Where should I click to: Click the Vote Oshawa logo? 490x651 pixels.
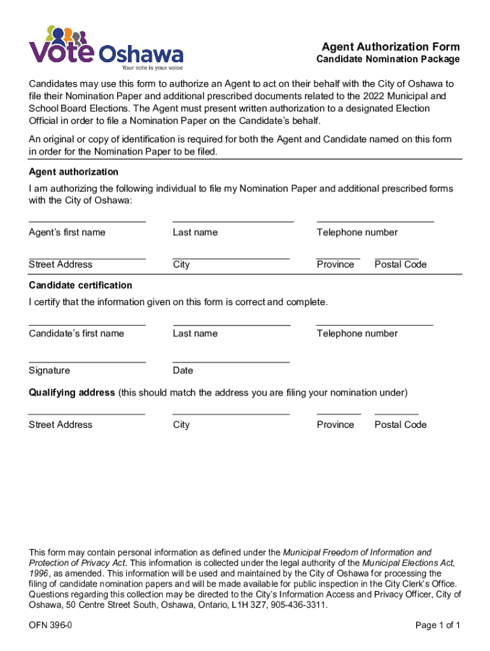coord(106,47)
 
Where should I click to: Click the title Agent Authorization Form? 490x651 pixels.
coord(390,47)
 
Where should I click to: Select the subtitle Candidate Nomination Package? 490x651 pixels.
coord(388,59)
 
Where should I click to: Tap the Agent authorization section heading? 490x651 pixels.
coord(73,172)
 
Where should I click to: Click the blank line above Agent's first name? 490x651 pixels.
coord(87,221)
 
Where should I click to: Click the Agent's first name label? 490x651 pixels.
coord(67,233)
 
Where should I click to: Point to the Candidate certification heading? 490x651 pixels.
coord(80,285)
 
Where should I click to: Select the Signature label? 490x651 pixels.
coord(49,371)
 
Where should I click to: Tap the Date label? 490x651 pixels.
coord(183,371)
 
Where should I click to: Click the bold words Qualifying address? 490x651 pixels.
coord(71,392)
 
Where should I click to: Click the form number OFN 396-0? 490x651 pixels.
coord(50,626)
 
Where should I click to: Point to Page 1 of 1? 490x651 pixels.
coord(437,626)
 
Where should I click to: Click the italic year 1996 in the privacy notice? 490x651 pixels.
coord(38,573)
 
